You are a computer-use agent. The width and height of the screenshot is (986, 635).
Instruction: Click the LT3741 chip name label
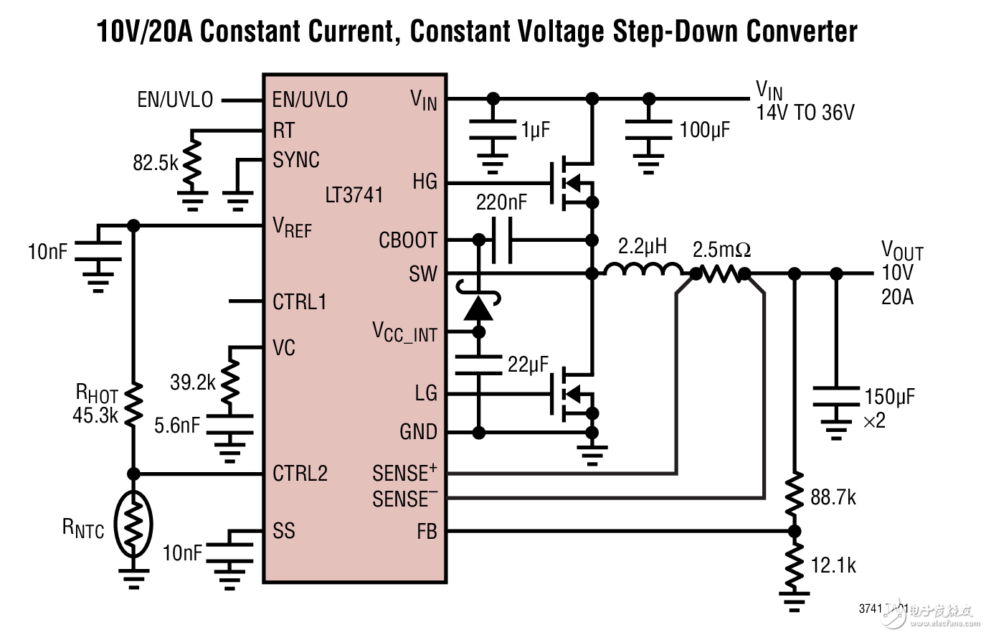pyautogui.click(x=354, y=195)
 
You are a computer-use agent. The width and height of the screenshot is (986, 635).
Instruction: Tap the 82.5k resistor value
pyautogui.click(x=155, y=163)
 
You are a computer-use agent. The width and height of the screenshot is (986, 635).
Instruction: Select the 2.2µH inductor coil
pyautogui.click(x=643, y=271)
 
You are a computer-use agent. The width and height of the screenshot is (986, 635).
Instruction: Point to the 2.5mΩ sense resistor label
pyautogui.click(x=721, y=250)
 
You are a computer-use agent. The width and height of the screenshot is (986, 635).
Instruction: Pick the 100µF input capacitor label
pyautogui.click(x=704, y=130)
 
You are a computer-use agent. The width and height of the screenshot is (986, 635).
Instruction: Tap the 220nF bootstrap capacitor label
pyautogui.click(x=501, y=203)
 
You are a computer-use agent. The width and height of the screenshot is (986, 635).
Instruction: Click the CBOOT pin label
pyautogui.click(x=407, y=240)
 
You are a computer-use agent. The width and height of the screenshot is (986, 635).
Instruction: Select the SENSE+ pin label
pyautogui.click(x=404, y=474)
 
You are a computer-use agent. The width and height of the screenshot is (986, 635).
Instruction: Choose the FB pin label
pyautogui.click(x=427, y=532)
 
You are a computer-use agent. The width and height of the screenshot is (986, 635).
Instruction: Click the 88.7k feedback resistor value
pyautogui.click(x=833, y=497)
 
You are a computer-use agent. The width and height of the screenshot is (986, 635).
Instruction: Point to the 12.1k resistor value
pyautogui.click(x=833, y=565)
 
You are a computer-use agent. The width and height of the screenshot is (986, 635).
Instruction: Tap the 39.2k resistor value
pyautogui.click(x=192, y=382)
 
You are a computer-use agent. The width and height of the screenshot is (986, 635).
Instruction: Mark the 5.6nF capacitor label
pyautogui.click(x=176, y=425)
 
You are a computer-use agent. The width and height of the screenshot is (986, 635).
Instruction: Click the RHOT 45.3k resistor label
pyautogui.click(x=96, y=404)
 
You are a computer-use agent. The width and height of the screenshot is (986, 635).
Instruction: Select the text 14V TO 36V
pyautogui.click(x=805, y=113)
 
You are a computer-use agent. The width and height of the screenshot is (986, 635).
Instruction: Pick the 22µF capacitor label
pyautogui.click(x=528, y=364)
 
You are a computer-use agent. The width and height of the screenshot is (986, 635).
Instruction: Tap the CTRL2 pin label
pyautogui.click(x=300, y=474)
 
